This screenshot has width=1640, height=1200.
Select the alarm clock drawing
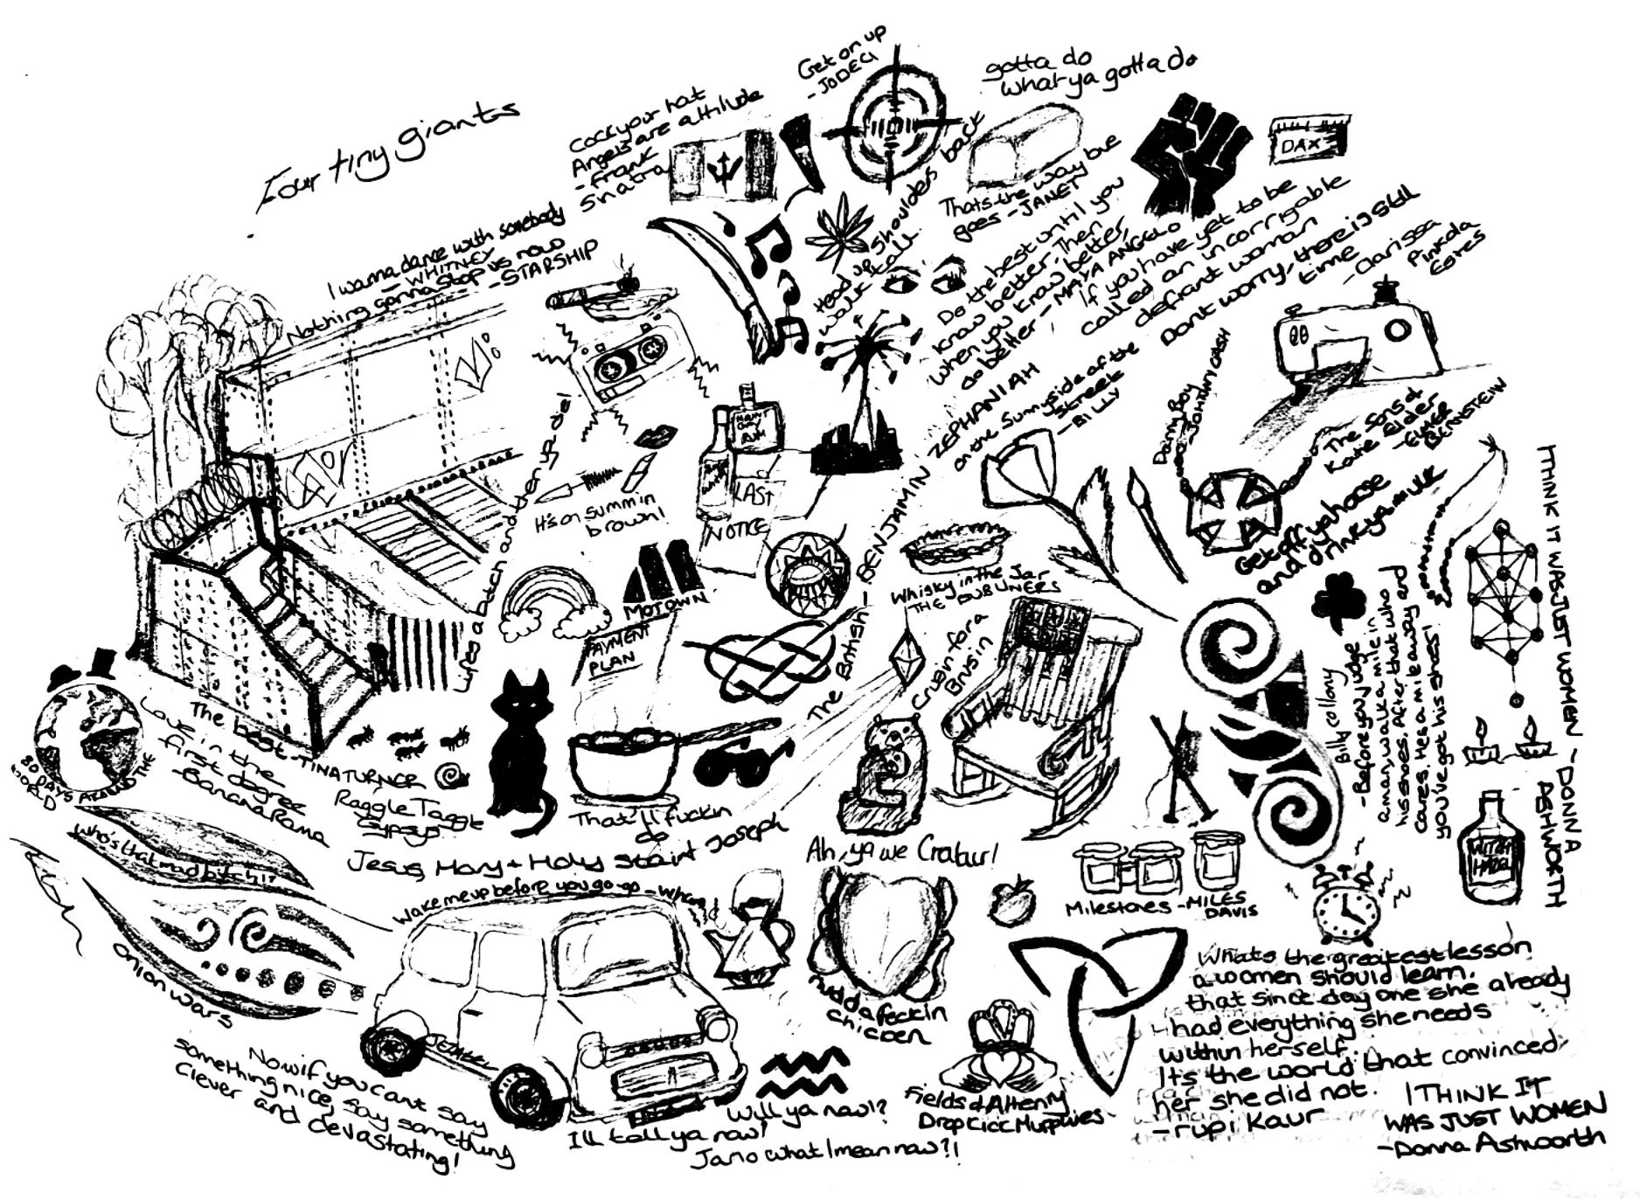1345,904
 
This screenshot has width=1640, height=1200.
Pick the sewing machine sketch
1355,336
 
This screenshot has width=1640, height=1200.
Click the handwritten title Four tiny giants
385,157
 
